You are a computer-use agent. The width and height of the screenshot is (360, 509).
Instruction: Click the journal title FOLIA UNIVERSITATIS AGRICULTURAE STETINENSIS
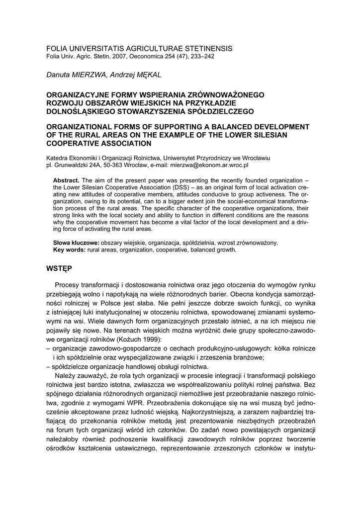coord(139,48)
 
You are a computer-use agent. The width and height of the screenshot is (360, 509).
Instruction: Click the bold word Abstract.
coord(66,180)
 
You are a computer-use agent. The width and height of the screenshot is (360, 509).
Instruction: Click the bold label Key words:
coord(69,250)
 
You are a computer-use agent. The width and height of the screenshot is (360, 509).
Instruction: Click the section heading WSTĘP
coord(59,269)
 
